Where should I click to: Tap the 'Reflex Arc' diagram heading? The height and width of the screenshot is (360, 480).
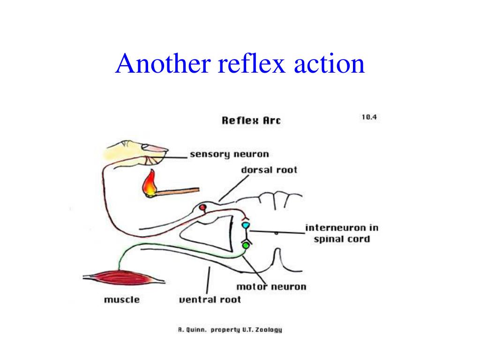click(x=251, y=120)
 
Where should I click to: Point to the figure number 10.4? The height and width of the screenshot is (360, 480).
click(x=369, y=117)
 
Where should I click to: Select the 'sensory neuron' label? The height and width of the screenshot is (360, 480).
click(x=229, y=154)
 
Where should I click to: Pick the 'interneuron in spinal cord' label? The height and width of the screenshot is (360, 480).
click(x=342, y=233)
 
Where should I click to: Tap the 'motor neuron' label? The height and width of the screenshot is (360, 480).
click(x=271, y=286)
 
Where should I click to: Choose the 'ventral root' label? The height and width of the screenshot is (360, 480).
click(x=210, y=300)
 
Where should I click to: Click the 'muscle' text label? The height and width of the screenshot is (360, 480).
click(x=121, y=300)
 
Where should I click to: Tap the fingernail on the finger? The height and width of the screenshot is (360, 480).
click(x=155, y=147)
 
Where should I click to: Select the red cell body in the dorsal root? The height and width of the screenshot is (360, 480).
click(x=202, y=207)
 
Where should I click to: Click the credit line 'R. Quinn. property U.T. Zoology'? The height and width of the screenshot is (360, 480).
click(x=230, y=330)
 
